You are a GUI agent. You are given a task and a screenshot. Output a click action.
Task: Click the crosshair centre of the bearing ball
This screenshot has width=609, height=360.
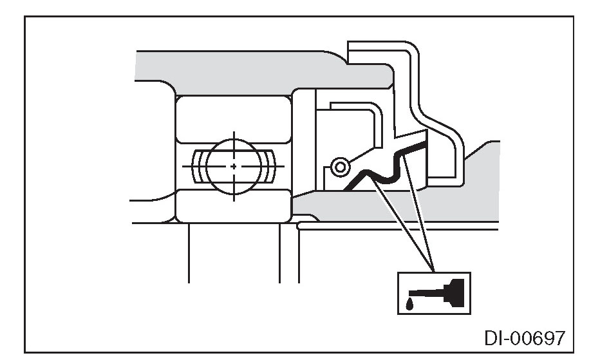coord(233,166)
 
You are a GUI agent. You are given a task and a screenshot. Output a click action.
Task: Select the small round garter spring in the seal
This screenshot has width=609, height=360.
coord(337,167)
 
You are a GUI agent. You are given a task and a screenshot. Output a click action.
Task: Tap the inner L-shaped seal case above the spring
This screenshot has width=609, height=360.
coord(361,109)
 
